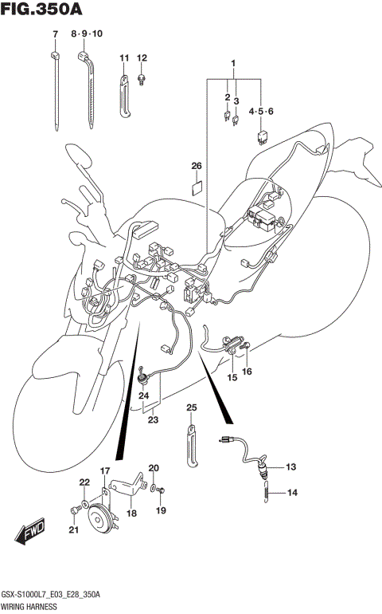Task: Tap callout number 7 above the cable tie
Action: pos(55,34)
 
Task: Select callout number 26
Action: pos(196,166)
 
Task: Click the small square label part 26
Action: pos(197,189)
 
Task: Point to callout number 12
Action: pos(142,58)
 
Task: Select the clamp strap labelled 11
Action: pos(125,96)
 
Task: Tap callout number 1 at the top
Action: pos(234,63)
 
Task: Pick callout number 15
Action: pos(232,377)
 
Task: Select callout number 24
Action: pos(144,396)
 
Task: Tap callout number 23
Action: pos(150,420)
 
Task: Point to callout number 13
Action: pos(290,466)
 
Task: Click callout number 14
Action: pos(291,493)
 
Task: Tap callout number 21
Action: pos(73,530)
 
